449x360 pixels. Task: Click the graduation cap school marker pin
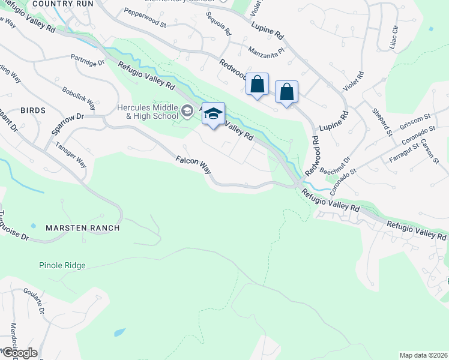tap(213, 113)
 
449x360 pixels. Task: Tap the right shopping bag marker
tap(287, 92)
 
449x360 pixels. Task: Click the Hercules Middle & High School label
tap(146, 112)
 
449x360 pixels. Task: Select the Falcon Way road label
tap(193, 165)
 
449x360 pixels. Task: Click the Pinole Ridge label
tap(62, 265)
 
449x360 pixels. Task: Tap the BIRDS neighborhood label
tap(32, 111)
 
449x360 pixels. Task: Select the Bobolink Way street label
tap(79, 98)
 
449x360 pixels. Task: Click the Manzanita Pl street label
tap(265, 50)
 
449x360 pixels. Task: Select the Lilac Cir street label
tap(394, 38)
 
